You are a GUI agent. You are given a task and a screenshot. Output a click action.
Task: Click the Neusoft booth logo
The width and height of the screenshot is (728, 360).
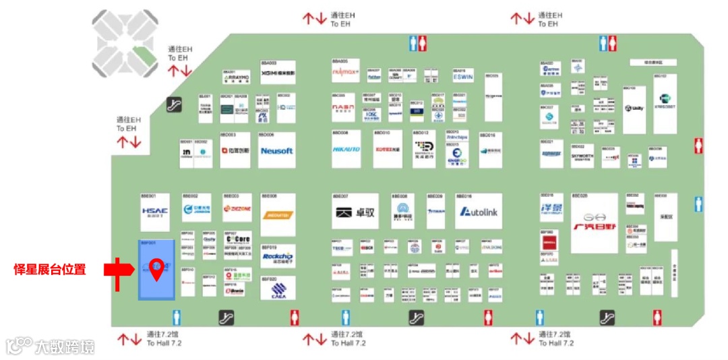coord(276,151)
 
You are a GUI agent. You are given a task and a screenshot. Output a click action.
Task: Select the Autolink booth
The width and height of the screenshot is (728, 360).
coord(478,212)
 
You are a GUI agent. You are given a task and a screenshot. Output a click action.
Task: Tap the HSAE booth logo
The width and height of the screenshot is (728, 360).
coord(154,211)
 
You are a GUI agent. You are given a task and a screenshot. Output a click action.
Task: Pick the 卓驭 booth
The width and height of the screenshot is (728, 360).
coord(355,212)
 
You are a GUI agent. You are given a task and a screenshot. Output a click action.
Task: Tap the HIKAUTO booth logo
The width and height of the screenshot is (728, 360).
coord(346,149)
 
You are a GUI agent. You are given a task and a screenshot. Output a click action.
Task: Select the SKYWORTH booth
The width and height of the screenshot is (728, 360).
coord(582,156)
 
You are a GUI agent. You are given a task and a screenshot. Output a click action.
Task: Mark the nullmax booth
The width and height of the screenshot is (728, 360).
coord(345,71)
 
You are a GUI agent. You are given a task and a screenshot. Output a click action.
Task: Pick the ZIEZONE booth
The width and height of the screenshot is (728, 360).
coord(237,209)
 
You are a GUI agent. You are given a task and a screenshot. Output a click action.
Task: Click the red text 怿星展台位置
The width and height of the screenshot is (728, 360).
coord(50,270)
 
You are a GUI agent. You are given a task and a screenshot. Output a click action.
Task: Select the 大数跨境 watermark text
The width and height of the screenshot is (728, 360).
coord(65,347)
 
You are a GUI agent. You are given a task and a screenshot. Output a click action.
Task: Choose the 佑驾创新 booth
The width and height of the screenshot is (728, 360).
coord(235,151)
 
